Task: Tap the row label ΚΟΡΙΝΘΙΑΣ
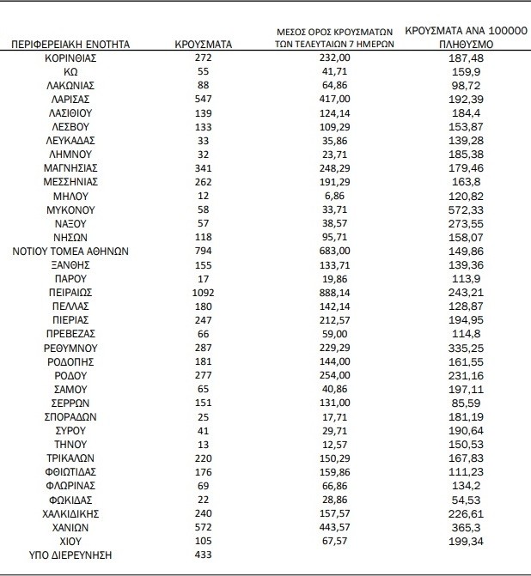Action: [70, 58]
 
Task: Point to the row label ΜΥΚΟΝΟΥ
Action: [70, 209]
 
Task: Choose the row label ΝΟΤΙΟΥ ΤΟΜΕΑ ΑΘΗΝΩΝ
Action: [70, 251]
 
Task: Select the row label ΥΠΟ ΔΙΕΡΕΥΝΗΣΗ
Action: [70, 555]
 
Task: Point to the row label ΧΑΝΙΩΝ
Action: [70, 527]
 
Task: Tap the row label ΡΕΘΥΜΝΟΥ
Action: [70, 348]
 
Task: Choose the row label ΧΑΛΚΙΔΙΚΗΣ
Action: [70, 513]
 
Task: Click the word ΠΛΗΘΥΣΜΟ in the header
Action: [466, 43]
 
